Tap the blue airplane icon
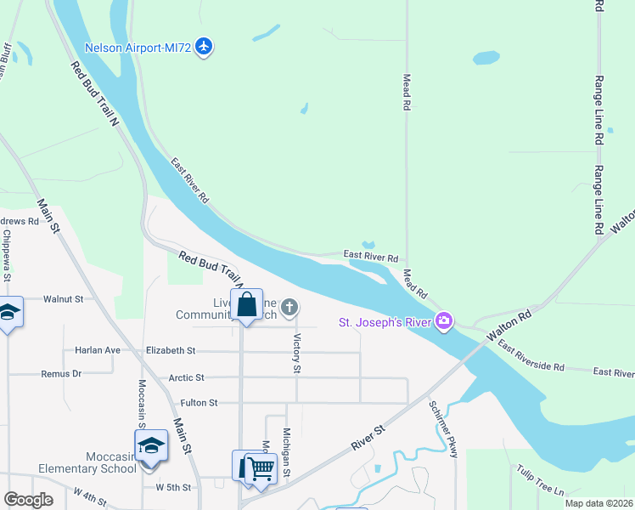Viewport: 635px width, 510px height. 203,46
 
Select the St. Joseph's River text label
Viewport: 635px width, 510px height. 385,322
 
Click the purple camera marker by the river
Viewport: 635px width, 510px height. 443,321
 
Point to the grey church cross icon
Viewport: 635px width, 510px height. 289,308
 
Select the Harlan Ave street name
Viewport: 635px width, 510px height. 97,350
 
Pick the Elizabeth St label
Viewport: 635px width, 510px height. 171,350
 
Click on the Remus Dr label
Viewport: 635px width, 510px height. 62,373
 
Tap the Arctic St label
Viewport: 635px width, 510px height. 187,377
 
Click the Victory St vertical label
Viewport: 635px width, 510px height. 297,353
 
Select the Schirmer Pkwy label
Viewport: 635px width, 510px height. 443,429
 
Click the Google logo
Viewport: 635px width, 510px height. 28,500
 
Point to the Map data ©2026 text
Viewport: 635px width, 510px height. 598,503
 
